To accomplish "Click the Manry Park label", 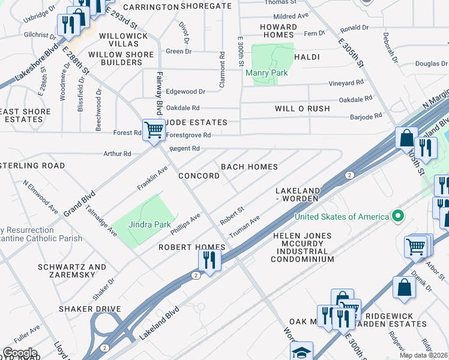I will pos(267,73).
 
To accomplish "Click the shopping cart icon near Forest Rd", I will pos(154,129).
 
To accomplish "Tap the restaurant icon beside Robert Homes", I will pos(209,260).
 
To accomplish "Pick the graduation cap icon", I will pos(301,352).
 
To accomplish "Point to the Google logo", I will pos(19,353).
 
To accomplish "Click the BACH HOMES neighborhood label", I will pos(249,166).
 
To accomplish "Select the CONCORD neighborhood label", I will pos(199,176).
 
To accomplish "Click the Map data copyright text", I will pos(424,355).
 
